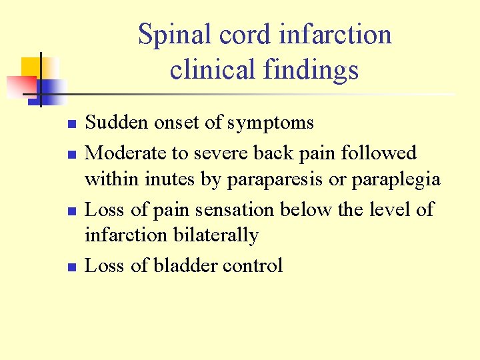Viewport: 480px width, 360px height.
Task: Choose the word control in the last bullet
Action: coord(253,265)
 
